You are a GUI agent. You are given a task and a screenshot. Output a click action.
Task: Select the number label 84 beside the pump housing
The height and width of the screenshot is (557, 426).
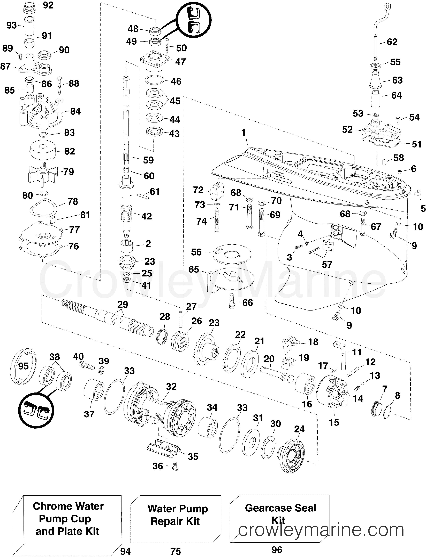(x=75, y=111)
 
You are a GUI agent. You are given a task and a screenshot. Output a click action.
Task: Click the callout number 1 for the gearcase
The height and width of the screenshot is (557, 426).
(x=244, y=132)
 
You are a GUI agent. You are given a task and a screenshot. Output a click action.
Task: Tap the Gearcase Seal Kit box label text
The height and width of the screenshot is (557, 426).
(x=280, y=514)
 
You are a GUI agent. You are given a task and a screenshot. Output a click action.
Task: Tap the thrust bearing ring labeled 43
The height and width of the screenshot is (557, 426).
(x=155, y=132)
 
